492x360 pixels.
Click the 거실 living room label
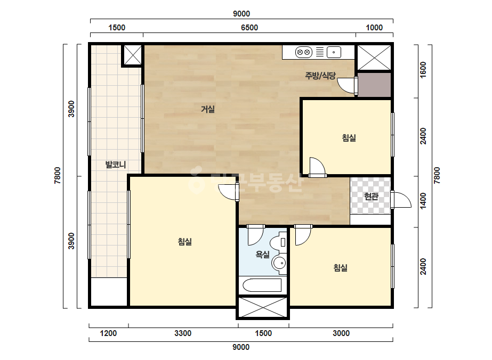(208, 109)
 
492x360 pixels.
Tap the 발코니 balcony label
(116, 165)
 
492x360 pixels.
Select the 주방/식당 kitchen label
(320, 75)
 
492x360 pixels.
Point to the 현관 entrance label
(371, 197)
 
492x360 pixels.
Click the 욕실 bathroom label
(263, 254)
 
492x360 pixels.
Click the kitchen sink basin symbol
(334, 52)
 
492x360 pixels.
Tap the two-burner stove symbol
(304, 52)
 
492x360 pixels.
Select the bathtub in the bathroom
(262, 285)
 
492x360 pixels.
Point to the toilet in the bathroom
(279, 242)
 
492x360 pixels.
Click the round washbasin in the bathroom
(279, 263)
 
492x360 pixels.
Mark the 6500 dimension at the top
(249, 28)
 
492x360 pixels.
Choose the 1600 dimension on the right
(423, 70)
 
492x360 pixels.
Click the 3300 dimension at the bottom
(183, 333)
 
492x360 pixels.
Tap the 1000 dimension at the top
(374, 28)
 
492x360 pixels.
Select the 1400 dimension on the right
(423, 201)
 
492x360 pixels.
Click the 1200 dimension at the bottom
(108, 333)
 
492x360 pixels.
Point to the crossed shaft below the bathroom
(263, 307)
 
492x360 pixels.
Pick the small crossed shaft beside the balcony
(132, 55)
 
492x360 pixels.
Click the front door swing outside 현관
(401, 200)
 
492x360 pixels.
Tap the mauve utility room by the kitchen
(374, 85)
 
